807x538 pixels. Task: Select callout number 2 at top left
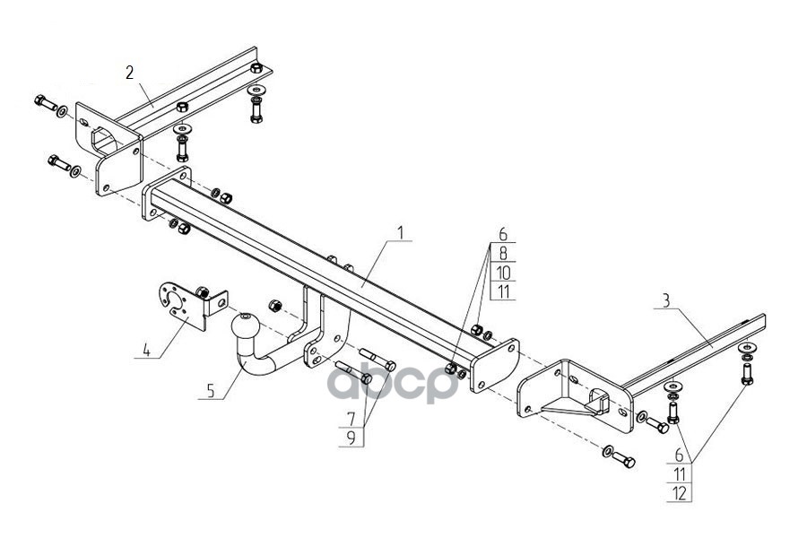click(x=130, y=73)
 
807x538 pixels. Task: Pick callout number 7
click(x=351, y=419)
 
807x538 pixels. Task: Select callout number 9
click(x=351, y=438)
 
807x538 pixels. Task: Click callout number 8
click(x=503, y=253)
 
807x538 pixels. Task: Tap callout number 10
click(x=503, y=272)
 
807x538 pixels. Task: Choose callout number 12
click(x=680, y=491)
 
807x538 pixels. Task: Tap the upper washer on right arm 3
click(x=746, y=348)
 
